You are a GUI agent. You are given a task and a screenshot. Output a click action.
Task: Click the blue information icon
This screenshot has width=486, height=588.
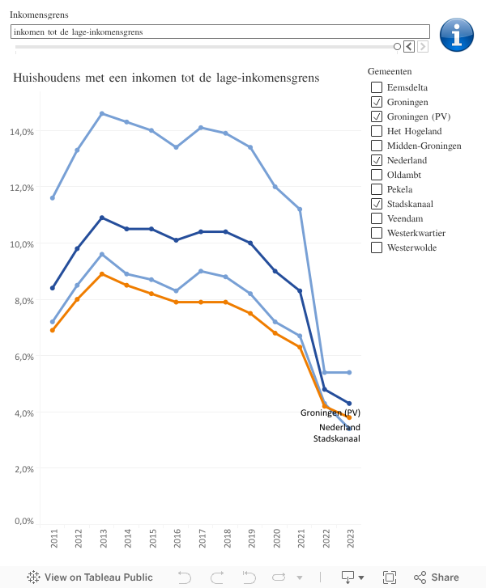click(456, 35)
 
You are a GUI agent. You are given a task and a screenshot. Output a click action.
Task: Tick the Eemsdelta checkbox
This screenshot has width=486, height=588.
click(377, 87)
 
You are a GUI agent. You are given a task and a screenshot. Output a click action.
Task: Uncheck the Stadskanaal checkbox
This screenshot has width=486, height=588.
click(377, 204)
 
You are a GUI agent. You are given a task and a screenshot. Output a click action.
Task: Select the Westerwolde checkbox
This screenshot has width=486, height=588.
click(377, 247)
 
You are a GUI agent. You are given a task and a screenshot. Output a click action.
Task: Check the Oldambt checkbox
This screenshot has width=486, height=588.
click(377, 175)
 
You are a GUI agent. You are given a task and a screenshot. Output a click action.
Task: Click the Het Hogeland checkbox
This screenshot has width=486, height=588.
click(377, 131)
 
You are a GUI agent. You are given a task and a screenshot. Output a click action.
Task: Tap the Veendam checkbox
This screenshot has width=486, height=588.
click(377, 218)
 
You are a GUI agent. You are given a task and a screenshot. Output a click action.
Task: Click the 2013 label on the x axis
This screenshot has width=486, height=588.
click(103, 539)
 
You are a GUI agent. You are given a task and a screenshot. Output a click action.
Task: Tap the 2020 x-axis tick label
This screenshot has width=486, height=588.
click(275, 539)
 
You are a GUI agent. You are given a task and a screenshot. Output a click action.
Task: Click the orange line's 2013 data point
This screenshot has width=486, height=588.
click(102, 274)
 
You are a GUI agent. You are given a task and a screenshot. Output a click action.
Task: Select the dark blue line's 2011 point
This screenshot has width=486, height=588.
click(53, 288)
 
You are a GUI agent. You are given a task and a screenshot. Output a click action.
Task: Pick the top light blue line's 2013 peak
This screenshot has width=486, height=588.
click(102, 113)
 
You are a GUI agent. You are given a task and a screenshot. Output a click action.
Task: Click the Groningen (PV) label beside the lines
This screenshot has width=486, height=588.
click(330, 413)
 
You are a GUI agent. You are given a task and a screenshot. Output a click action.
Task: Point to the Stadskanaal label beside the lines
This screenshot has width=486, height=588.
click(337, 439)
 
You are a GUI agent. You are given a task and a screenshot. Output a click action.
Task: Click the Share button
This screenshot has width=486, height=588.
click(437, 577)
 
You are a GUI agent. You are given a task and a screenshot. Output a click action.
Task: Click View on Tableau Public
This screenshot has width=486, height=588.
click(90, 577)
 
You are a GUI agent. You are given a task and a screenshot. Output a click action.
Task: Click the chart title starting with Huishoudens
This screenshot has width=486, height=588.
click(166, 78)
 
